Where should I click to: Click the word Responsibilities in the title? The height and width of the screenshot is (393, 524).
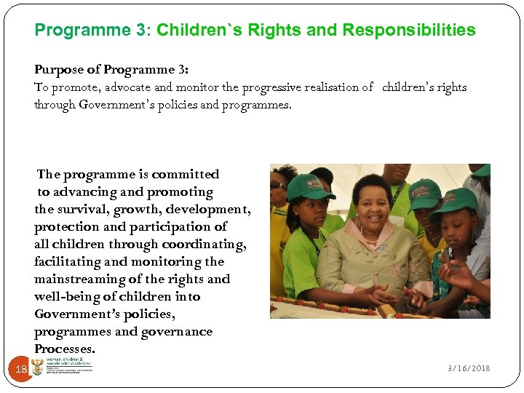pyautogui.click(x=408, y=31)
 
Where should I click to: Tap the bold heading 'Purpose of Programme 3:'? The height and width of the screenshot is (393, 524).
pyautogui.click(x=111, y=70)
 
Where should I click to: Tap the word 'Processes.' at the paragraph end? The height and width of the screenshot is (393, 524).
pyautogui.click(x=64, y=349)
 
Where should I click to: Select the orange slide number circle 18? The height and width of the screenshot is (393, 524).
pyautogui.click(x=21, y=370)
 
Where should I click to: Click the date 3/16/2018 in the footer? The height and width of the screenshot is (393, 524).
pyautogui.click(x=469, y=368)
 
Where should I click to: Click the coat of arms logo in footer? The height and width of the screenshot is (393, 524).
pyautogui.click(x=37, y=368)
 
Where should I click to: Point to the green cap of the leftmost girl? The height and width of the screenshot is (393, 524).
pyautogui.click(x=309, y=187)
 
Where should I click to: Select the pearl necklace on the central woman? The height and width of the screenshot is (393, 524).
pyautogui.click(x=371, y=237)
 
